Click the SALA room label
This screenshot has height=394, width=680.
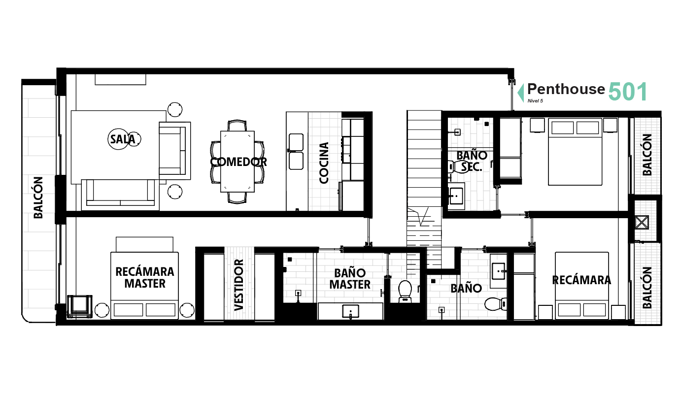pos(123,139)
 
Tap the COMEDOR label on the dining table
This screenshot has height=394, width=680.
pos(238,162)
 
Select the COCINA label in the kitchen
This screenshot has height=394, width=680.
pos(324,163)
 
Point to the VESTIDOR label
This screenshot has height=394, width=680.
pos(239,285)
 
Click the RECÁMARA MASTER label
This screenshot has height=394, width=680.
pos(145,278)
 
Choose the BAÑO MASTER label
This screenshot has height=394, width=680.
pos(350,279)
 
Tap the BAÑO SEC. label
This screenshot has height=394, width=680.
pos(472,161)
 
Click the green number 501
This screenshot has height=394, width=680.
pos(628,92)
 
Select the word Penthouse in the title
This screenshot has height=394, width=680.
pos(566,89)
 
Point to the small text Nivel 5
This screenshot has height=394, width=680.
pos(535,100)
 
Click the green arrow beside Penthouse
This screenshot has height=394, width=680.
pos(521,93)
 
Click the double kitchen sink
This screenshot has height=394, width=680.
pos(296,152)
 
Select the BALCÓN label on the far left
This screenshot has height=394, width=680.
pos(38,197)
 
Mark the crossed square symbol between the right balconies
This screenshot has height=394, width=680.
pos(642,222)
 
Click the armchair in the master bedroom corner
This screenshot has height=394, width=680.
pos(79,306)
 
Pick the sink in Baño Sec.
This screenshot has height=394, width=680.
pos(456,196)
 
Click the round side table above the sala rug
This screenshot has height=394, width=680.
pos(175,109)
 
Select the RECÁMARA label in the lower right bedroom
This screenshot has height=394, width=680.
pos(581,280)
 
